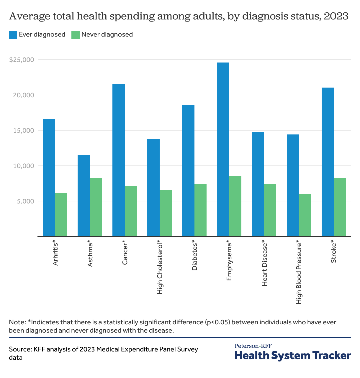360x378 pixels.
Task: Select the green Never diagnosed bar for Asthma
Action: click(96, 207)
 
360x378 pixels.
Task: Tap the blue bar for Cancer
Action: click(119, 160)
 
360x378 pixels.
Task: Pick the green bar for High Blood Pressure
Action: click(305, 215)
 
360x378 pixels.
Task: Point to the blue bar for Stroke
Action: click(328, 162)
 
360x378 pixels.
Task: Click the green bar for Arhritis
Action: click(61, 215)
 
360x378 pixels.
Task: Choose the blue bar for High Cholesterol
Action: click(153, 188)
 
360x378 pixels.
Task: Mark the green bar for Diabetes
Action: click(200, 210)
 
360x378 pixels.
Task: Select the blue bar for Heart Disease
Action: click(258, 184)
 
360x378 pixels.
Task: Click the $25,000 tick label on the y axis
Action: click(22, 60)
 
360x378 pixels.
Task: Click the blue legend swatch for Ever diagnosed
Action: click(13, 34)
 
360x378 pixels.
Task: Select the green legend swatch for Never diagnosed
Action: click(76, 34)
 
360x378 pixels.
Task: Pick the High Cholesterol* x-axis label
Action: click(160, 267)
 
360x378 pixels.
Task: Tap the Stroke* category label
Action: click(334, 252)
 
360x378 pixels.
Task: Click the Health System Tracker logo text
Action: click(293, 355)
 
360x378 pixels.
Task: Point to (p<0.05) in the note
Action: click(217, 322)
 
